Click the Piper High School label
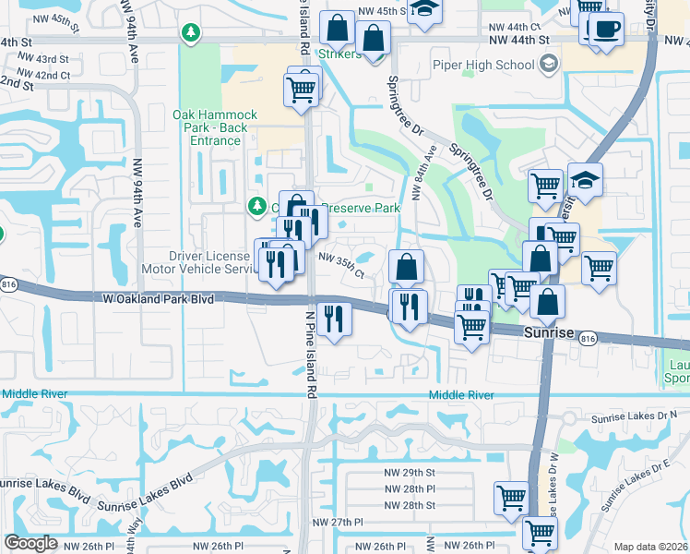tap(483, 66)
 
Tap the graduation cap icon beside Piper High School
tap(549, 65)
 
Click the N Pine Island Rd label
tap(311, 346)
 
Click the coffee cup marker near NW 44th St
tap(605, 29)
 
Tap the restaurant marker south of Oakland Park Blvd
tap(334, 319)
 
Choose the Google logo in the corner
tap(30, 543)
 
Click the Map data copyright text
tap(650, 547)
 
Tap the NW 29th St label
tap(410, 472)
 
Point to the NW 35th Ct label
tap(341, 267)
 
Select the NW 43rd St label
tap(40, 59)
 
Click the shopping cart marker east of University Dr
tap(599, 268)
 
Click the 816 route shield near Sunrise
tap(587, 340)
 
